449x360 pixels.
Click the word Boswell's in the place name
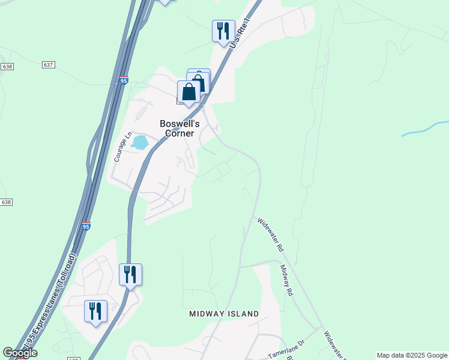point(176,124)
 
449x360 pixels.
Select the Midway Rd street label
point(286,281)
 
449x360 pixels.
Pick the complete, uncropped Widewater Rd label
point(270,233)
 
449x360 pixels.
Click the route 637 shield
point(49,64)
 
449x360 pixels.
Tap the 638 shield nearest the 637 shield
point(7,65)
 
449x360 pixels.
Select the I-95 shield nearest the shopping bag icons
point(123,80)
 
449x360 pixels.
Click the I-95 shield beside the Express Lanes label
point(86,226)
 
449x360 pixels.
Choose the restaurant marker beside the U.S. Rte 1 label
point(223,31)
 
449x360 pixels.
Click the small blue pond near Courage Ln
point(139,143)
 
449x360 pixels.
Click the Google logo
point(20,353)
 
